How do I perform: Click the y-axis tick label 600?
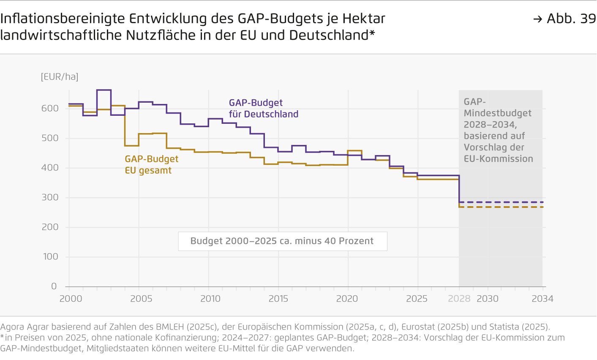(50, 109)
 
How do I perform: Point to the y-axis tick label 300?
(50, 197)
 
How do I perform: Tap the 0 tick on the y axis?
(54, 286)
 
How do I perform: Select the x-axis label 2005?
(141, 299)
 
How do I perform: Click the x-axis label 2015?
(278, 299)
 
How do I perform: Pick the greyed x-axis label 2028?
(459, 299)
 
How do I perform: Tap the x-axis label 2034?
(542, 299)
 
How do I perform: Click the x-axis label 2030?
(488, 299)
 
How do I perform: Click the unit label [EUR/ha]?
(60, 77)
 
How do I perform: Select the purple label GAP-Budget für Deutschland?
(263, 109)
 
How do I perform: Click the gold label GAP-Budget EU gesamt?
(151, 165)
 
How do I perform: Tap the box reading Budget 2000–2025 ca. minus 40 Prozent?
(282, 241)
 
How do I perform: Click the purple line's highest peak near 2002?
(104, 90)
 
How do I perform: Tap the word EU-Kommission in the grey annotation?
(498, 159)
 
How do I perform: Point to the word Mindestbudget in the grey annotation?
(498, 113)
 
